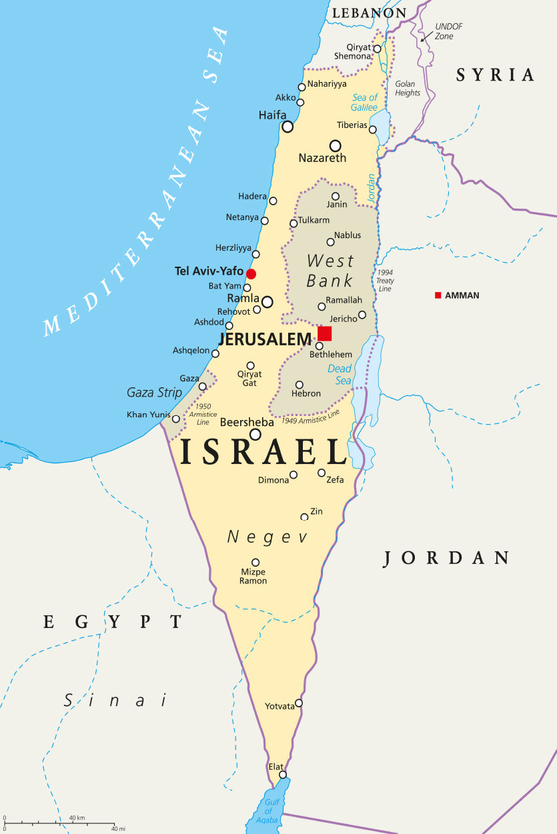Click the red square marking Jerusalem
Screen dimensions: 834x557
pyautogui.click(x=325, y=333)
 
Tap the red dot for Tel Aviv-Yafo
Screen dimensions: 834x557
pyautogui.click(x=251, y=274)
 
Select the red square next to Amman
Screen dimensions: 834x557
pyautogui.click(x=438, y=295)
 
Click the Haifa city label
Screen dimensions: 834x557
pyautogui.click(x=272, y=115)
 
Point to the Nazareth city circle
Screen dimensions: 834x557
pyautogui.click(x=335, y=145)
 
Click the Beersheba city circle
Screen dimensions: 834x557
pyautogui.click(x=255, y=434)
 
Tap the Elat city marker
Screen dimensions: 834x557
pyautogui.click(x=283, y=775)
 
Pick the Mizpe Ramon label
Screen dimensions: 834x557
pyautogui.click(x=253, y=577)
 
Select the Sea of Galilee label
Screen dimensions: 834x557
pyautogui.click(x=364, y=103)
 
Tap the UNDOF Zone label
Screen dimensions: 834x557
pyautogui.click(x=448, y=31)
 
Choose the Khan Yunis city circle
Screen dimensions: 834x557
pyautogui.click(x=176, y=419)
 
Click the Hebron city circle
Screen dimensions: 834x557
pyautogui.click(x=300, y=385)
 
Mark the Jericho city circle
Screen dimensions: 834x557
pyautogui.click(x=362, y=315)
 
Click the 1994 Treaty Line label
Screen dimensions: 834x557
pyautogui.click(x=385, y=281)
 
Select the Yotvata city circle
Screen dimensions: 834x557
pyautogui.click(x=299, y=703)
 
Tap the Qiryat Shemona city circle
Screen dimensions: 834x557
pyautogui.click(x=377, y=49)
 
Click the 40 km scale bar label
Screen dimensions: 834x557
pyautogui.click(x=77, y=818)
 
